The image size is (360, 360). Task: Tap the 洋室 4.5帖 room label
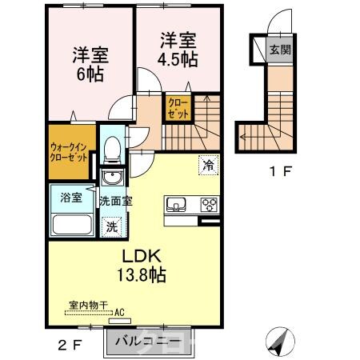coord(177,49)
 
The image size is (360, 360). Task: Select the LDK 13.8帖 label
coord(144,266)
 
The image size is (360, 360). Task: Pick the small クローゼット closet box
coord(178,108)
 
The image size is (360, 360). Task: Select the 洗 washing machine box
coord(114,226)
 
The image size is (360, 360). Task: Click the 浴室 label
coord(72,196)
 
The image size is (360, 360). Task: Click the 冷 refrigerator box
coord(207,166)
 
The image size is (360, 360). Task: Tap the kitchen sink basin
coord(177,203)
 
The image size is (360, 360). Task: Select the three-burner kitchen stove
coord(210,203)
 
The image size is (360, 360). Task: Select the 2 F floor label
coord(69,346)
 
